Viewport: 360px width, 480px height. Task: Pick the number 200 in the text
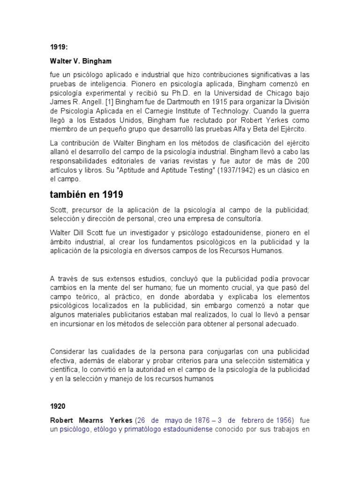pos(302,161)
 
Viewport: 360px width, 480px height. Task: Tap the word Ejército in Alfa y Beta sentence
pos(293,128)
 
